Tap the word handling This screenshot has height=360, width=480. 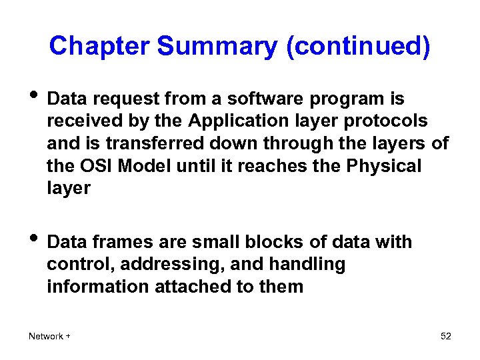(307, 265)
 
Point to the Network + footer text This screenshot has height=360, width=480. (49, 336)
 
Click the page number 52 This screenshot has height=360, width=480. (446, 336)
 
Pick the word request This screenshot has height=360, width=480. (129, 100)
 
